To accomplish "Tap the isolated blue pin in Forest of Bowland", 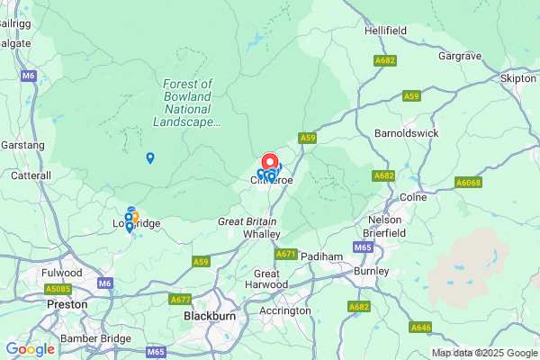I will click(x=150, y=157).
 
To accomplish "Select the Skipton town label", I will click(x=517, y=79).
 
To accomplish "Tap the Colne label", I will click(x=412, y=197).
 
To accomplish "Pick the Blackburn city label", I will click(x=210, y=317).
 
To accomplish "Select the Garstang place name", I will click(x=22, y=144).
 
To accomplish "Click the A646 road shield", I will click(x=420, y=328).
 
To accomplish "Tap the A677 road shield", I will click(x=180, y=300).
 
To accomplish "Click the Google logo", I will click(x=30, y=348).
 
